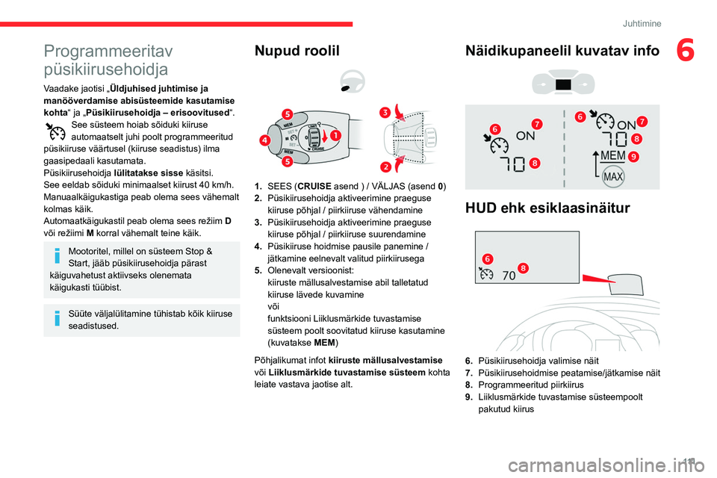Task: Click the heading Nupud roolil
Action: tap(297, 51)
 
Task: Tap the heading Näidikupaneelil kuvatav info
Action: tap(562, 51)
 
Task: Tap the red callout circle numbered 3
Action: tap(384, 112)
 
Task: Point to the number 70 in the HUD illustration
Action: tap(509, 275)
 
